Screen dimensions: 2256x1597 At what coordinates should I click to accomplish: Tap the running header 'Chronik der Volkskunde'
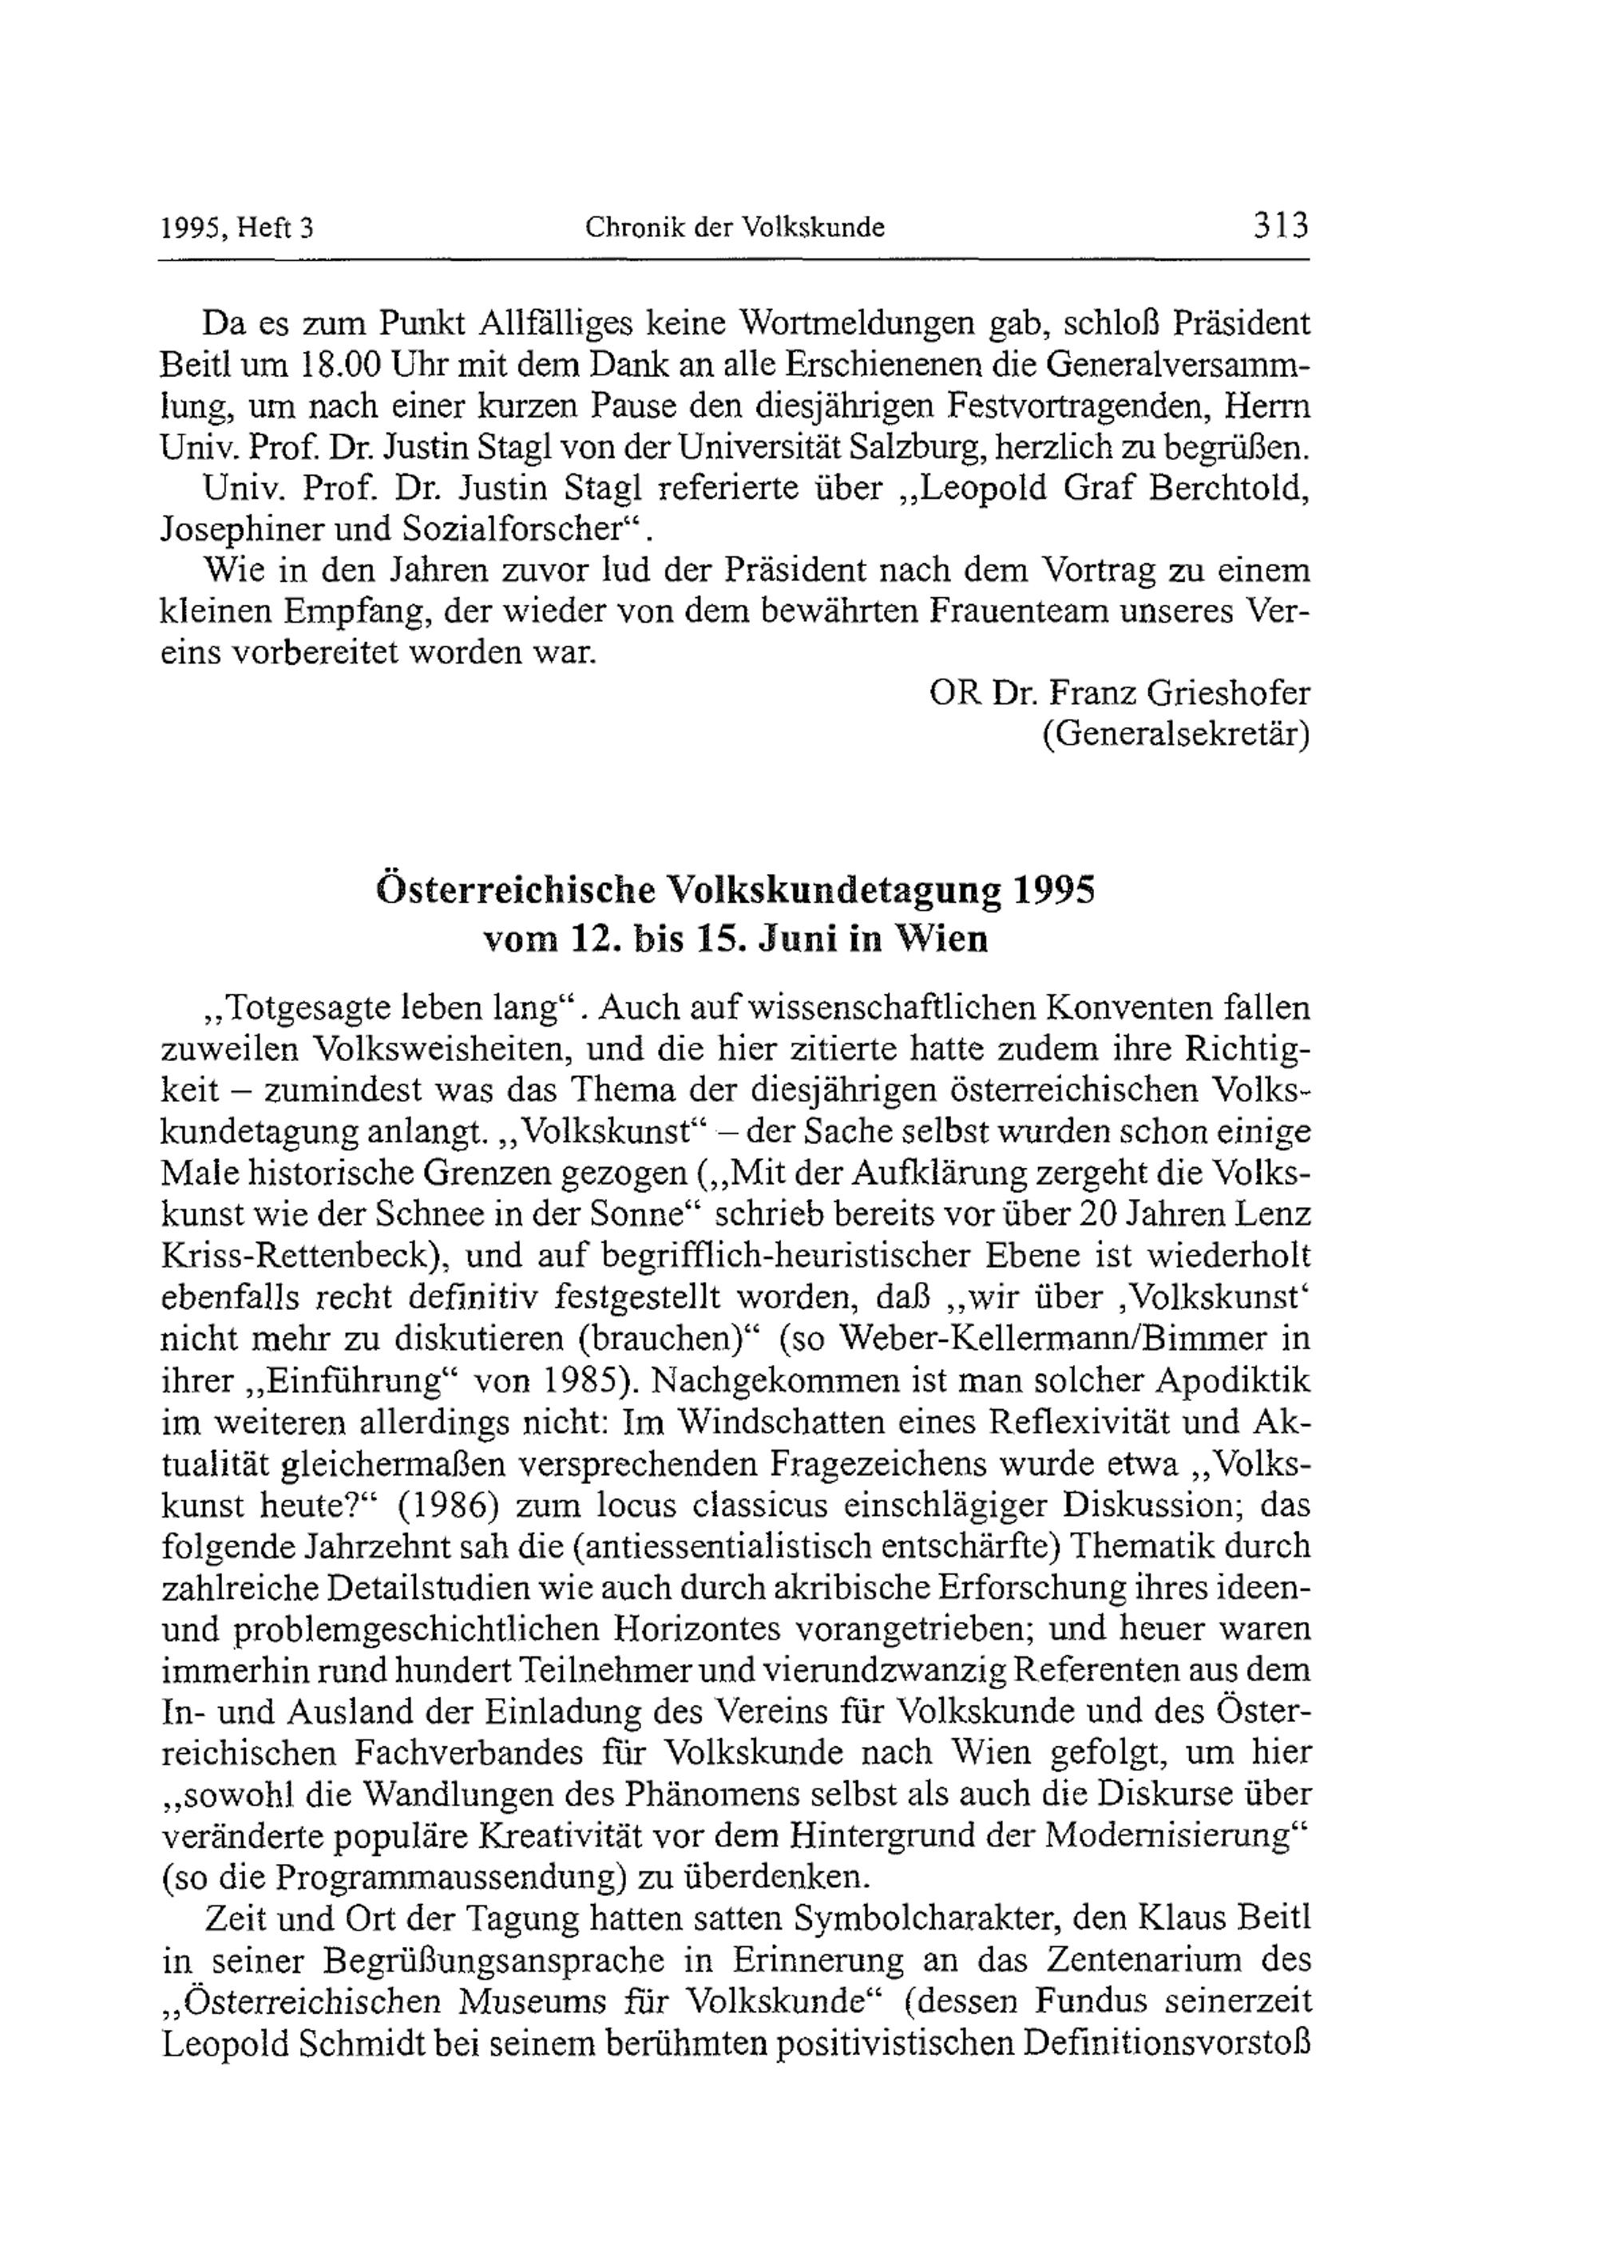[x=735, y=228]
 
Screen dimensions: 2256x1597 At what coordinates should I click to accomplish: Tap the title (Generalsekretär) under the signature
[x=1175, y=735]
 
